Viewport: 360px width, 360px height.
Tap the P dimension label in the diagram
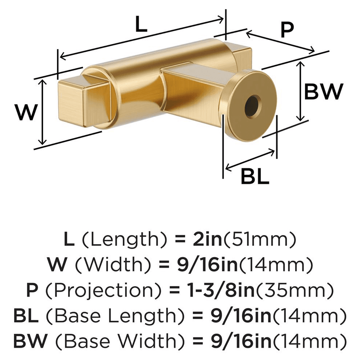coord(287,30)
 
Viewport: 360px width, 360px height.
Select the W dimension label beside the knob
coord(26,112)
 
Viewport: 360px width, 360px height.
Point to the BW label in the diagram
coord(324,91)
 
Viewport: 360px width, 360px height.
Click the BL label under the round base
coord(255,177)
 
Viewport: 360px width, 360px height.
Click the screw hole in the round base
coord(253,105)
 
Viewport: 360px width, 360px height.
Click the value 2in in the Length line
coord(207,239)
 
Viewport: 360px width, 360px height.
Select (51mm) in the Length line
coord(259,240)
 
